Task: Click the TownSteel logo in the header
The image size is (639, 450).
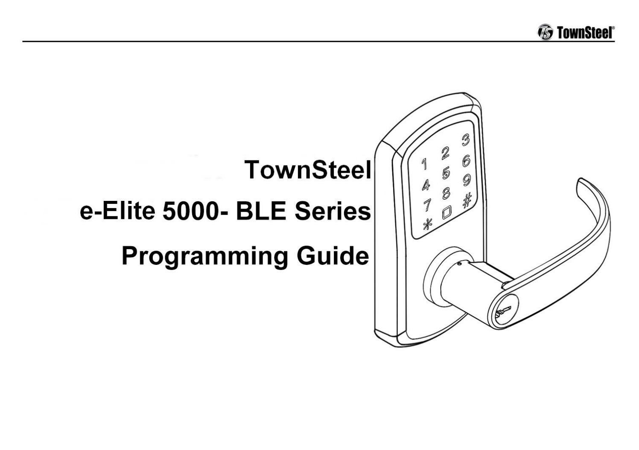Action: (576, 32)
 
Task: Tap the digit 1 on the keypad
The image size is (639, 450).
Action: (424, 163)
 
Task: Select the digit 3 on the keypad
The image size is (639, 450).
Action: (466, 140)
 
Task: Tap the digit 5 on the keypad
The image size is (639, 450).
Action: (446, 173)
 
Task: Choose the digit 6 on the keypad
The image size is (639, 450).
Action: (466, 161)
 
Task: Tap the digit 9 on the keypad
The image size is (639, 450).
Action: (467, 180)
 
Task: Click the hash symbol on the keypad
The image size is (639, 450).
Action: (467, 199)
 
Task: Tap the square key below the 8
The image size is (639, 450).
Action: (447, 212)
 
